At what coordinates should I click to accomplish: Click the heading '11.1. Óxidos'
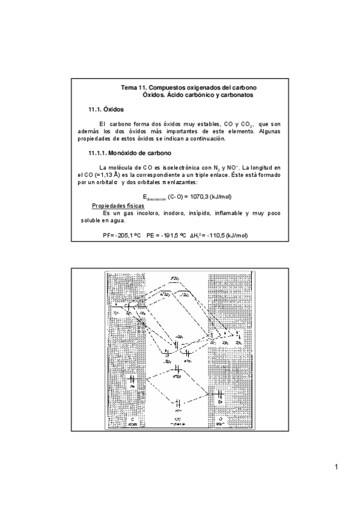point(106,110)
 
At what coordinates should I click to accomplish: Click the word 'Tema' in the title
point(129,88)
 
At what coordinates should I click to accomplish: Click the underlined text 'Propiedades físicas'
point(119,205)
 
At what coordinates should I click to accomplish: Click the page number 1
point(337,467)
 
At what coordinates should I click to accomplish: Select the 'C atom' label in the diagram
point(132,421)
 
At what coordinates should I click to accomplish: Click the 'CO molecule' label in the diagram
point(178,421)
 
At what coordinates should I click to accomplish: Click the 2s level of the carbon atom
point(131,379)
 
